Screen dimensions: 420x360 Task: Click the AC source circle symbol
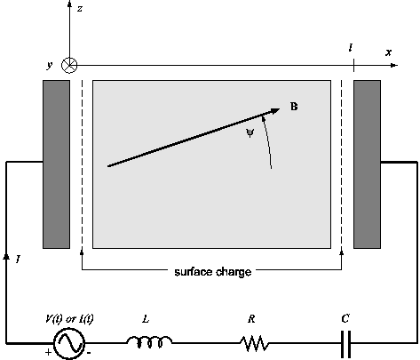point(69,343)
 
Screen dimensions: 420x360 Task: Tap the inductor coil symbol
point(149,341)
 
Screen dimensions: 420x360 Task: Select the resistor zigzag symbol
point(255,343)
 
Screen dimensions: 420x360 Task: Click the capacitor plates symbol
point(345,344)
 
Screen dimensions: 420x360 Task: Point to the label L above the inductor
point(146,319)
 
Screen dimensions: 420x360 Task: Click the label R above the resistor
point(251,319)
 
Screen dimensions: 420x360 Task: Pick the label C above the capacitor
point(345,318)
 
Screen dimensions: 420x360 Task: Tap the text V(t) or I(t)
point(69,319)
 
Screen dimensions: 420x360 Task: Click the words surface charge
point(213,272)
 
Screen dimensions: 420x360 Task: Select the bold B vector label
point(294,107)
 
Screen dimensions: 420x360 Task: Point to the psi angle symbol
point(250,133)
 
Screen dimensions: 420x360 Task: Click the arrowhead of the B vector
point(274,111)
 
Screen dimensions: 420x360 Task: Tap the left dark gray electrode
point(57,164)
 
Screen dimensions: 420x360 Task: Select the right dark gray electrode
point(367,164)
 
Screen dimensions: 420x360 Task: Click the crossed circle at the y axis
point(69,65)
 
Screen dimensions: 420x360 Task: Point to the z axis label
point(80,9)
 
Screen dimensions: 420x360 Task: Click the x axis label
point(388,52)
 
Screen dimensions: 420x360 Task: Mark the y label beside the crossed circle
point(50,65)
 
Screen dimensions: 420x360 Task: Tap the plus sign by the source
point(48,352)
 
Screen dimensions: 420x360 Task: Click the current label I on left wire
point(18,260)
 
